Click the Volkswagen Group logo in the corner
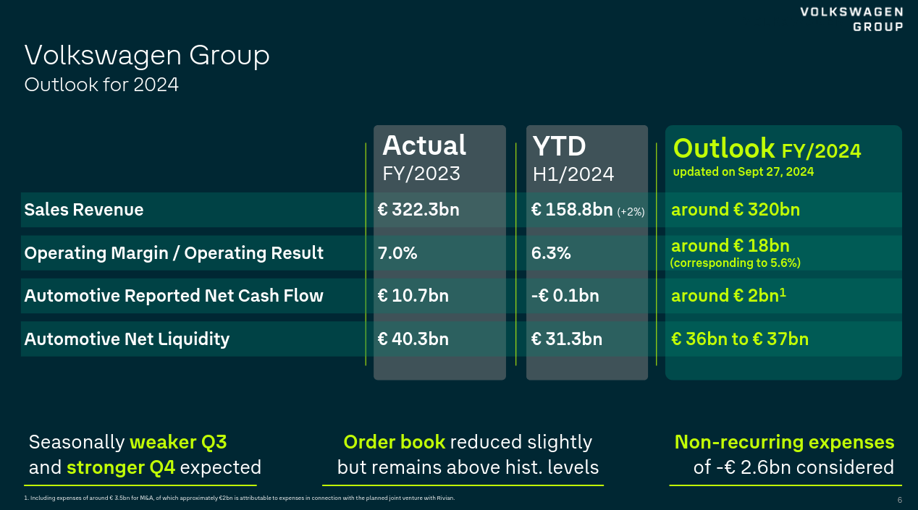point(851,19)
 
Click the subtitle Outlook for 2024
point(101,85)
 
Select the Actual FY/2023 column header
point(424,157)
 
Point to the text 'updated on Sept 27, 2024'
point(744,172)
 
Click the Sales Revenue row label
point(84,210)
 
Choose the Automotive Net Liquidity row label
point(127,339)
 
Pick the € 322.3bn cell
point(418,210)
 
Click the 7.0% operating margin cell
point(397,253)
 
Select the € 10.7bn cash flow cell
point(413,296)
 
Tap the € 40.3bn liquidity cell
point(413,339)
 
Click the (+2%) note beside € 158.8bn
point(631,211)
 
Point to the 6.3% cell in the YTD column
point(551,253)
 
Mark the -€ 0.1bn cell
point(565,296)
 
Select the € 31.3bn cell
point(566,339)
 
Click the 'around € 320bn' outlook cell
point(736,210)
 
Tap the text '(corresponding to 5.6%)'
point(736,263)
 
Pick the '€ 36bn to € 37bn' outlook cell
point(740,339)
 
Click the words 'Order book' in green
point(394,442)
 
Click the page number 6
point(899,501)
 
